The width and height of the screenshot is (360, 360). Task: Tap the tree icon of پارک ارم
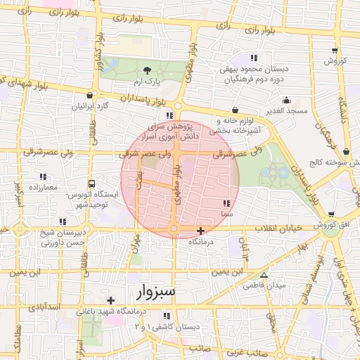pyautogui.click(x=147, y=70)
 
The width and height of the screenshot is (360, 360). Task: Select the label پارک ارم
pyautogui.click(x=147, y=82)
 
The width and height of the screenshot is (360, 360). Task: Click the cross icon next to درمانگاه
pyautogui.click(x=201, y=231)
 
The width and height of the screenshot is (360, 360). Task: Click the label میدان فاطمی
pyautogui.click(x=262, y=286)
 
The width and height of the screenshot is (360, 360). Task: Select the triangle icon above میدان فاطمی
pyautogui.click(x=264, y=275)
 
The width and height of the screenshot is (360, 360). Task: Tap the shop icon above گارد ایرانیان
pyautogui.click(x=89, y=96)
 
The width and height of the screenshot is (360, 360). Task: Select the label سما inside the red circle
pyautogui.click(x=226, y=212)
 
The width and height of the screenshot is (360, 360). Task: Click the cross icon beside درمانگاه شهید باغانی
pyautogui.click(x=110, y=300)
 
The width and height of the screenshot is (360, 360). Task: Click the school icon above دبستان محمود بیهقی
pyautogui.click(x=254, y=57)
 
